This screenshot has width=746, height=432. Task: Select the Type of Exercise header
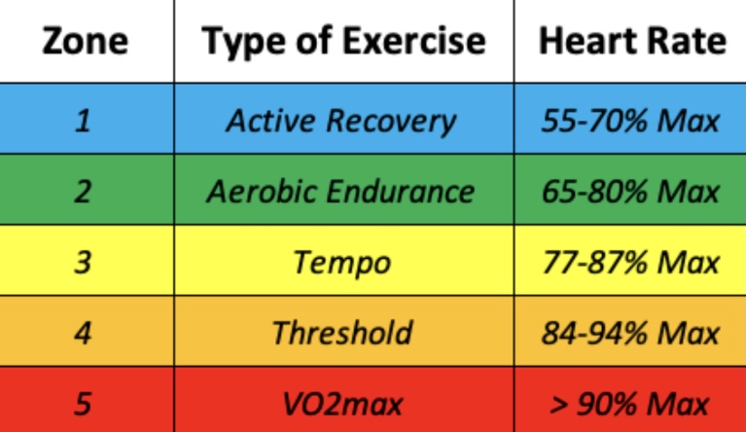[343, 41]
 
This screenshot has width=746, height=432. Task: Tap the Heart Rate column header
[631, 41]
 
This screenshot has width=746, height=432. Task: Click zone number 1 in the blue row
[84, 121]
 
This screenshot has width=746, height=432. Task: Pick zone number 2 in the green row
[84, 191]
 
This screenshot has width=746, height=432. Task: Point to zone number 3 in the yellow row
[84, 262]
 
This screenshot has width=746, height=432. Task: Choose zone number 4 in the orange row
[84, 333]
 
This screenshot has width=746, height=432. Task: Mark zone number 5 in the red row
[84, 403]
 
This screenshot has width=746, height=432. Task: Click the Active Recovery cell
[340, 121]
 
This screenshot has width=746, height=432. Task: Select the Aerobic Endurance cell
[340, 191]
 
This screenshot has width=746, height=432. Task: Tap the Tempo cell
[342, 262]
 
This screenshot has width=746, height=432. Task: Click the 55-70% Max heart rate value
[631, 121]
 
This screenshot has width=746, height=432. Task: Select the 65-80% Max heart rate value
[631, 191]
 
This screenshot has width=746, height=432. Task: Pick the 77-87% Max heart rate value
[631, 262]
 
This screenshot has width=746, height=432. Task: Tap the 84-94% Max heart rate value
[631, 333]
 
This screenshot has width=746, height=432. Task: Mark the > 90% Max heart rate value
[631, 403]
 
